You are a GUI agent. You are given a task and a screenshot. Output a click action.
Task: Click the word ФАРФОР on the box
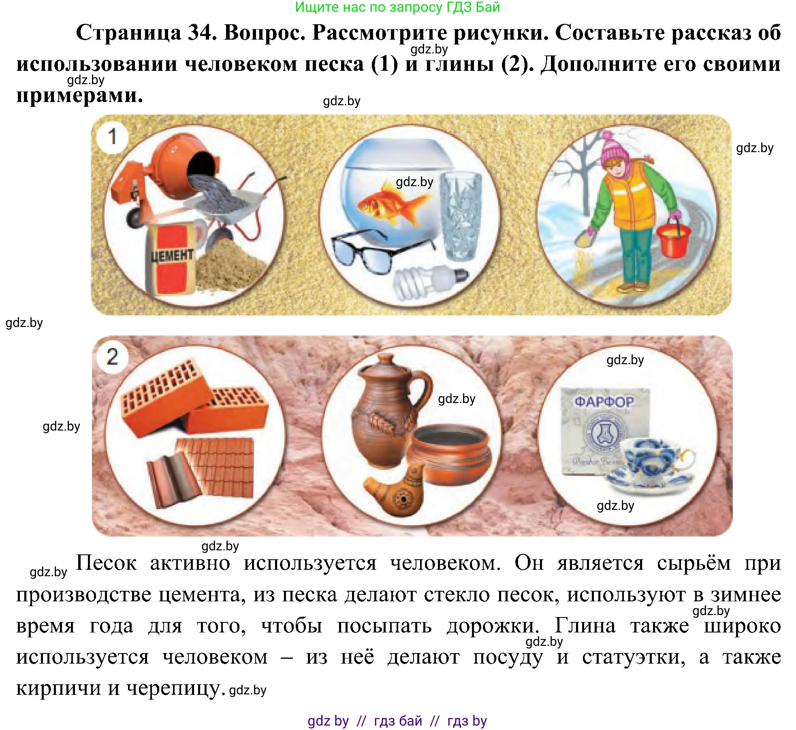pyautogui.click(x=604, y=401)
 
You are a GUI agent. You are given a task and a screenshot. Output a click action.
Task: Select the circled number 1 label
pyautogui.click(x=112, y=137)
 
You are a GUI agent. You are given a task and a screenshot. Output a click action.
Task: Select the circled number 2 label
pyautogui.click(x=112, y=357)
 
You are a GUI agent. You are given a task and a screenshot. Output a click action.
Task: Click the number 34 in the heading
pyautogui.click(x=200, y=32)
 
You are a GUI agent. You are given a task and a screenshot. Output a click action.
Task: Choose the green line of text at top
pyautogui.click(x=397, y=7)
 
